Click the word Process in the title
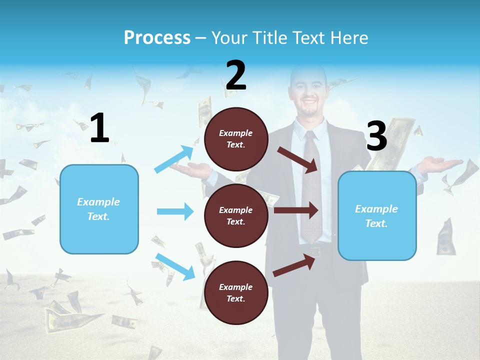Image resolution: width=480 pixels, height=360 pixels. (x=157, y=38)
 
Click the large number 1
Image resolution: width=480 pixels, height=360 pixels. (x=99, y=128)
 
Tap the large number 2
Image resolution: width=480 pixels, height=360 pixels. (x=236, y=75)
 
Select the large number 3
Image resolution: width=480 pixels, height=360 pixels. (x=376, y=136)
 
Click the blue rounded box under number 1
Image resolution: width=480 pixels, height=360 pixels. (x=99, y=209)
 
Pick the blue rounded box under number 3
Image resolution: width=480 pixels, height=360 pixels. (x=377, y=215)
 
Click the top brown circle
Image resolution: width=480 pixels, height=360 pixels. (x=236, y=139)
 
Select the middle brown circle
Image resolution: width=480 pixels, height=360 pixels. (x=236, y=215)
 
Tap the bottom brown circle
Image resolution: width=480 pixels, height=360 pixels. (x=236, y=292)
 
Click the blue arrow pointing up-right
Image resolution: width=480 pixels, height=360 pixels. (x=174, y=159)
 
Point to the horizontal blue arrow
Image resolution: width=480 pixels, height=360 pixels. (x=175, y=211)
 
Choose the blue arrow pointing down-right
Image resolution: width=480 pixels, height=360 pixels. (x=175, y=266)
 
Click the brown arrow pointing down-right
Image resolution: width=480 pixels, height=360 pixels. (x=298, y=159)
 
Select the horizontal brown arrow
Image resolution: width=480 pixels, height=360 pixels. (x=296, y=210)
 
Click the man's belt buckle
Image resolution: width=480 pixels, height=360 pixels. (x=314, y=251)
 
